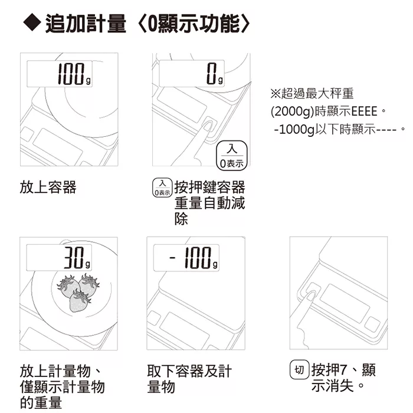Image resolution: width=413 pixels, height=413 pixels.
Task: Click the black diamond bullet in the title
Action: [32, 23]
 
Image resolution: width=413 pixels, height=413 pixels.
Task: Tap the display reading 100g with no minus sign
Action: [60, 74]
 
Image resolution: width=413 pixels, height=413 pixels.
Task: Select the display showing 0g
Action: [192, 74]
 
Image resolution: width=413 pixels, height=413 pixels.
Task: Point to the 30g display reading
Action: [59, 257]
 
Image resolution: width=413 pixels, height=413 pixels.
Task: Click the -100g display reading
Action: [186, 257]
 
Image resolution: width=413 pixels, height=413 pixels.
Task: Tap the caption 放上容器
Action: [48, 187]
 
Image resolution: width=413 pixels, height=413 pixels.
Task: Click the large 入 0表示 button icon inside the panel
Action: [231, 155]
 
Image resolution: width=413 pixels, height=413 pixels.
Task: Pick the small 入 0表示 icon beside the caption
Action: [162, 188]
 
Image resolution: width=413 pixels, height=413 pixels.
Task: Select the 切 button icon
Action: [299, 369]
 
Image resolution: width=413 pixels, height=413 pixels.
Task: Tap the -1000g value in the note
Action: [294, 129]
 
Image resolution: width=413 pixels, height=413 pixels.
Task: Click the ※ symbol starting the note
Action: [276, 93]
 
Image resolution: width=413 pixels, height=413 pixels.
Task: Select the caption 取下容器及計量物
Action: [189, 379]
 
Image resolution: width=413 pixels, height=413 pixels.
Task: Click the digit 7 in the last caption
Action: [343, 370]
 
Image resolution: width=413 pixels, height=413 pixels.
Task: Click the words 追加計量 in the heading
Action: [86, 24]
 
